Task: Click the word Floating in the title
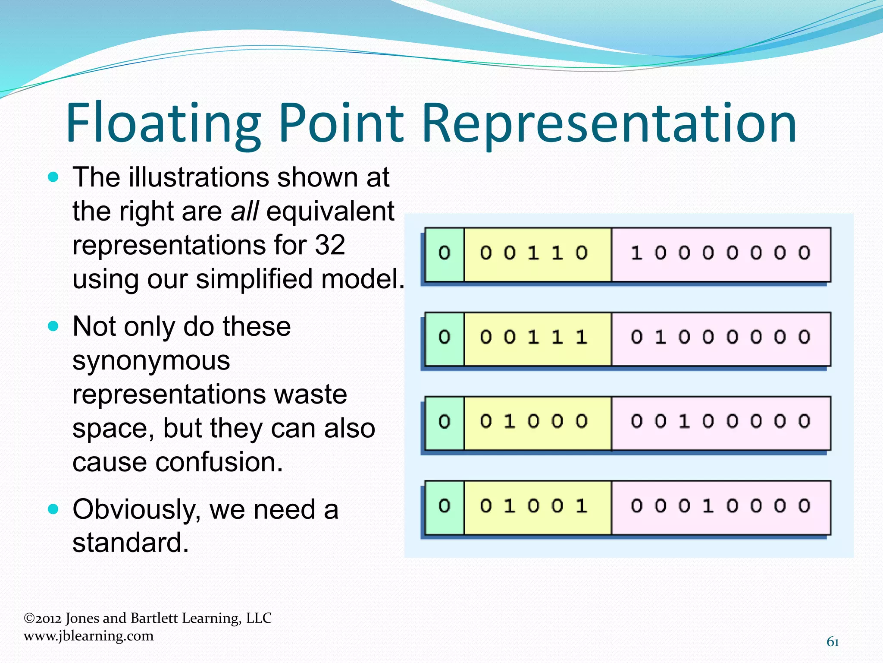pyautogui.click(x=163, y=123)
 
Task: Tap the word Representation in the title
pyautogui.click(x=609, y=123)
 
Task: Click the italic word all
pyautogui.click(x=244, y=212)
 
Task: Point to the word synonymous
pyautogui.click(x=151, y=360)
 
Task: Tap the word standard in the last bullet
pyautogui.click(x=130, y=543)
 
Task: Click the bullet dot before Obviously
pyautogui.click(x=53, y=509)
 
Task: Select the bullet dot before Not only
pyautogui.click(x=53, y=326)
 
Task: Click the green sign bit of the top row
pyautogui.click(x=445, y=253)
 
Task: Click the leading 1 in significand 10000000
pyautogui.click(x=636, y=253)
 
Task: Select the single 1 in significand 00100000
pyautogui.click(x=684, y=421)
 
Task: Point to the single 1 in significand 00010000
pyautogui.click(x=708, y=506)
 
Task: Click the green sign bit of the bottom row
pyautogui.click(x=445, y=506)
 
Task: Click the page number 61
pyautogui.click(x=833, y=642)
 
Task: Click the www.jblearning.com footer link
pyautogui.click(x=88, y=636)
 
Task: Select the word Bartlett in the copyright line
pyautogui.click(x=154, y=618)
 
